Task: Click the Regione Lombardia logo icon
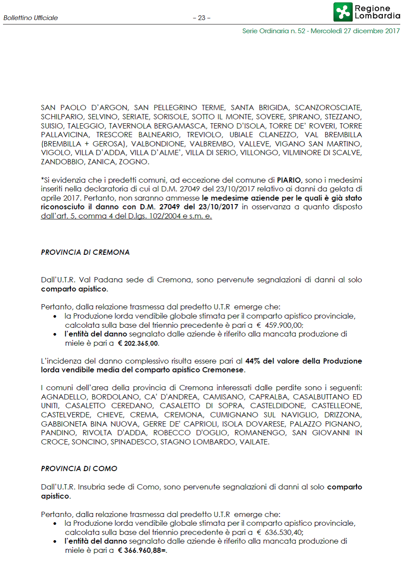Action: click(343, 12)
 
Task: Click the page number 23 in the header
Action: click(201, 18)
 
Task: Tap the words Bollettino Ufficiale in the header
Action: click(31, 18)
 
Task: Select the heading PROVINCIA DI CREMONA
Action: click(85, 253)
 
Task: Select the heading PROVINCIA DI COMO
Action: click(79, 468)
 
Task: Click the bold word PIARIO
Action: click(288, 180)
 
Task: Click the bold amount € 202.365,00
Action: click(139, 343)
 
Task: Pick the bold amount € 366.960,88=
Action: click(142, 551)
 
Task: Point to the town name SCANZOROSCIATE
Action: click(328, 108)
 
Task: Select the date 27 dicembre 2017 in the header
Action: click(371, 31)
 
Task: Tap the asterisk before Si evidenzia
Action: click(42, 179)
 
